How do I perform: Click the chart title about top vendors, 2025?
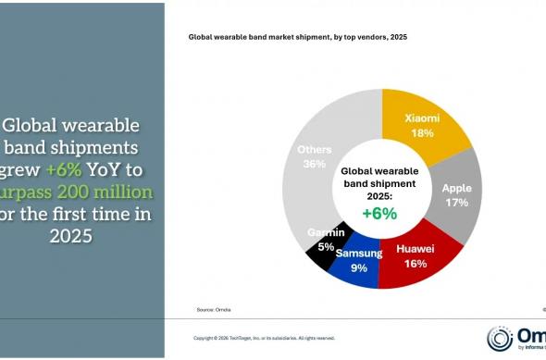(x=298, y=38)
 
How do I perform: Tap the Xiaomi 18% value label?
(x=421, y=132)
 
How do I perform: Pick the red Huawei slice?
(x=426, y=254)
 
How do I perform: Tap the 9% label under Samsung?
(x=358, y=268)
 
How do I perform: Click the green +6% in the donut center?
(x=379, y=213)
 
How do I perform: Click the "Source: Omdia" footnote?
(x=213, y=308)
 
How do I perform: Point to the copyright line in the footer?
(x=264, y=338)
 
